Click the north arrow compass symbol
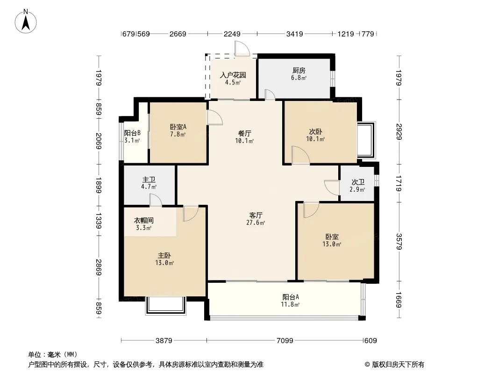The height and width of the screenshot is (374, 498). click(26, 22)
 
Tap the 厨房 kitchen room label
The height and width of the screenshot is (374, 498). click(299, 74)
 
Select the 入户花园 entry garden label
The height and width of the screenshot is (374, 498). click(233, 79)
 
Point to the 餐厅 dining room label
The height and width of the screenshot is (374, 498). click(244, 137)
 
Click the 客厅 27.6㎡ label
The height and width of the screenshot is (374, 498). click(256, 219)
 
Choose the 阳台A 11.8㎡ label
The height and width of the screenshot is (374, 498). click(291, 301)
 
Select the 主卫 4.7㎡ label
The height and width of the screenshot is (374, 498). click(149, 183)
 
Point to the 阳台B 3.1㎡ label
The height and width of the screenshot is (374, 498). click(132, 137)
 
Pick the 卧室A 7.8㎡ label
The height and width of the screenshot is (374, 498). click(178, 130)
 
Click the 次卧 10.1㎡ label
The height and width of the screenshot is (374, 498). click(315, 136)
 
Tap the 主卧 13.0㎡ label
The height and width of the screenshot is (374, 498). click(164, 259)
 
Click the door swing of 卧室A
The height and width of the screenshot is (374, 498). click(215, 117)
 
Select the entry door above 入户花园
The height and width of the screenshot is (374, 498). click(242, 49)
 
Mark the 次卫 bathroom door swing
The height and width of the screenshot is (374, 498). click(332, 187)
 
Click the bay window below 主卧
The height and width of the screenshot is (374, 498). click(165, 306)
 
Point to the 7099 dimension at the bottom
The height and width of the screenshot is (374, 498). click(285, 341)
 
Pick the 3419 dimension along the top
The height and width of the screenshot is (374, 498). click(294, 34)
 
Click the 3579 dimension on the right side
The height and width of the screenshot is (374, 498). click(399, 242)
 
